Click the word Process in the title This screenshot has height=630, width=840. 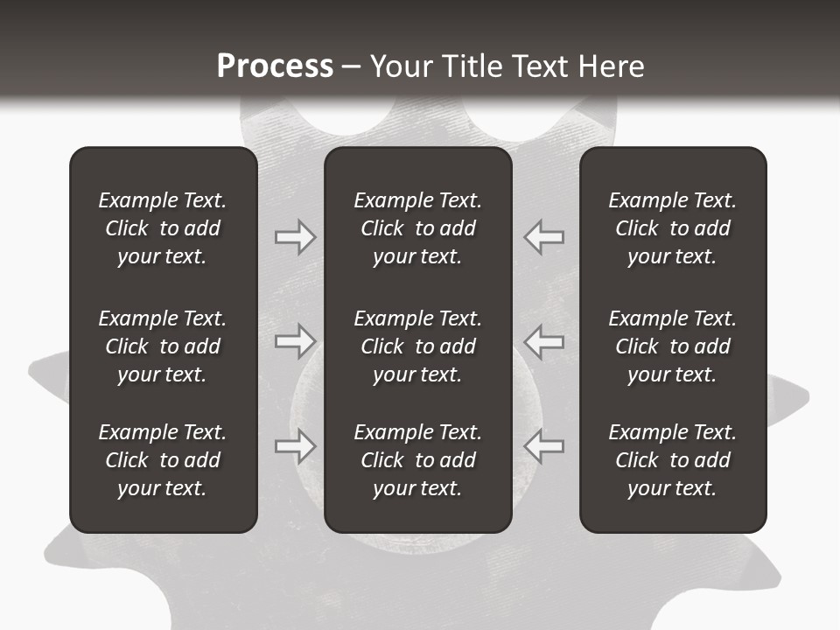click(x=275, y=66)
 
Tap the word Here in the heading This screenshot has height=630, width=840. click(x=611, y=66)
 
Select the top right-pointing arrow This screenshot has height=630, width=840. click(x=295, y=237)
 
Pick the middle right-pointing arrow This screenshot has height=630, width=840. click(x=295, y=341)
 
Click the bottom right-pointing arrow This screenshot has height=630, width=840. click(x=295, y=446)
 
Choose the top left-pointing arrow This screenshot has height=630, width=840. click(x=544, y=237)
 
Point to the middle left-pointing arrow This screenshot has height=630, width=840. click(x=544, y=341)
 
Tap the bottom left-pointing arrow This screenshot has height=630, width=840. click(x=544, y=446)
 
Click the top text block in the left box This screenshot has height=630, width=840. click(x=163, y=228)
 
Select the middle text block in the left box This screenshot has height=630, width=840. click(x=163, y=346)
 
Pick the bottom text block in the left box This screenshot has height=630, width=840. click(x=163, y=460)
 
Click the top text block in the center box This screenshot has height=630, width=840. click(x=417, y=228)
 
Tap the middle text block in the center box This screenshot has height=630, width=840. click(x=417, y=346)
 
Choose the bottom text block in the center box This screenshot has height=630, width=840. click(x=417, y=460)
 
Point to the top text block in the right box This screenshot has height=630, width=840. click(x=672, y=228)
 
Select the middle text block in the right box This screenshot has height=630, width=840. click(x=672, y=346)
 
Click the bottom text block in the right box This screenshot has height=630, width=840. click(x=672, y=460)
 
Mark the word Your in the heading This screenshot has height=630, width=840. click(x=402, y=66)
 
